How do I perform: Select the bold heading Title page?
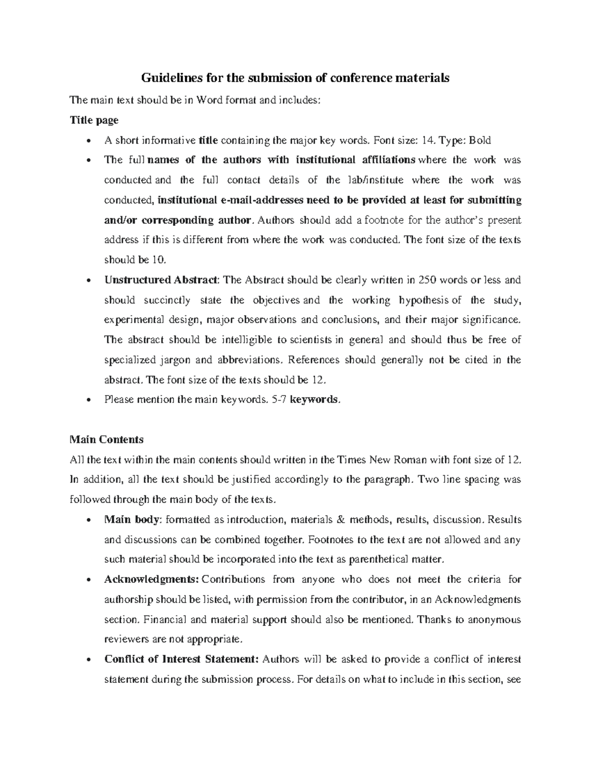click(x=94, y=120)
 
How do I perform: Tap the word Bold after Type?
click(x=479, y=140)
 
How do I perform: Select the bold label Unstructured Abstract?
click(x=161, y=280)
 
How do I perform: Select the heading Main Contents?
click(x=107, y=439)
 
